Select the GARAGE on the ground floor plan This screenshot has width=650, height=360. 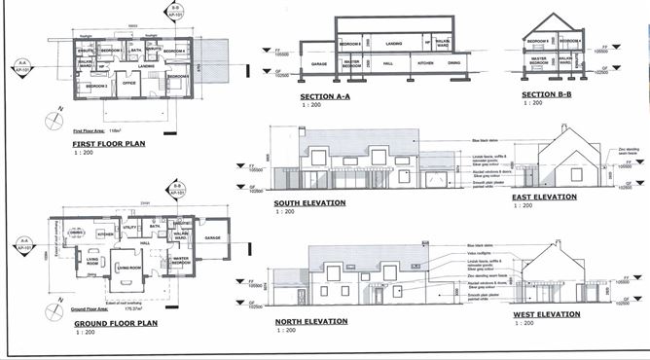point(212,237)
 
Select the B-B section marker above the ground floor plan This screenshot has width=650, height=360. point(176,186)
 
